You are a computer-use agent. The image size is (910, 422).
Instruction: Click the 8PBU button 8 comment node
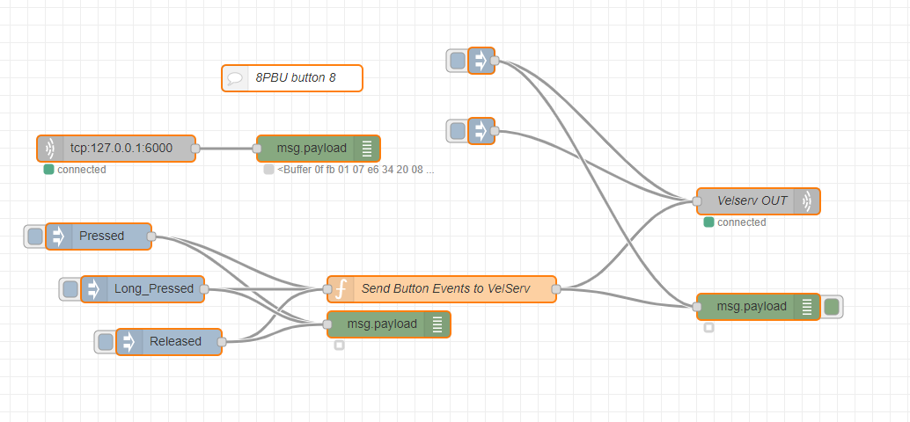pos(295,77)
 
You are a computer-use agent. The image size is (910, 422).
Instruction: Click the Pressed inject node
pos(101,236)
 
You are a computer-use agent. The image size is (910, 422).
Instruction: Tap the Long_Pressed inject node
pos(153,288)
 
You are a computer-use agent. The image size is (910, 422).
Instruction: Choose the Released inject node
pos(175,341)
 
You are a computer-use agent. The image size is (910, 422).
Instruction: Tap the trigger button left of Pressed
pos(35,236)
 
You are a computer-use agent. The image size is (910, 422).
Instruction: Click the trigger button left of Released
pos(106,341)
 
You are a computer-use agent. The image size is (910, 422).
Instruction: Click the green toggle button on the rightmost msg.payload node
pos(832,306)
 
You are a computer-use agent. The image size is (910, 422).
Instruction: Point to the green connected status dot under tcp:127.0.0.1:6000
pos(48,170)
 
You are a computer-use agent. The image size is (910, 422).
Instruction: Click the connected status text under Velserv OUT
pos(741,222)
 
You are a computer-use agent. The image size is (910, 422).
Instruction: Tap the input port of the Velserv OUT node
pos(697,200)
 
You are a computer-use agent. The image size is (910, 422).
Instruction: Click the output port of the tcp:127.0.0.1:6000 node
pos(195,149)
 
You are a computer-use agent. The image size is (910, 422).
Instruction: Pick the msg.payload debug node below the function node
pos(382,324)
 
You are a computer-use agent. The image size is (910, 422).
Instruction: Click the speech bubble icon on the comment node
pos(235,77)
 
